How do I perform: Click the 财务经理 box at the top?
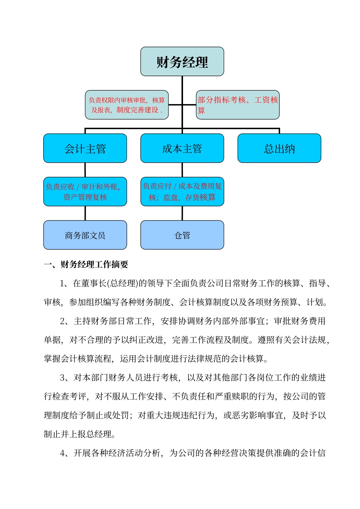[x=182, y=61]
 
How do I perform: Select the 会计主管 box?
[x=85, y=148]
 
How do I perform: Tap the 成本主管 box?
[x=182, y=148]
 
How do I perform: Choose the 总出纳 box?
[x=279, y=148]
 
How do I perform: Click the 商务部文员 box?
[x=85, y=235]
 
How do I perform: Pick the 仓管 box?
[x=182, y=235]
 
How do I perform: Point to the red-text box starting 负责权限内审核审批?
[x=127, y=105]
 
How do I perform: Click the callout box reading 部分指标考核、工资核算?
[x=238, y=105]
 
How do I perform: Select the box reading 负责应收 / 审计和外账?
[x=85, y=192]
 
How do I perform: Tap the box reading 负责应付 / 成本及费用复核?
[x=182, y=192]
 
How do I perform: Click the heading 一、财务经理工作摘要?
[x=86, y=264]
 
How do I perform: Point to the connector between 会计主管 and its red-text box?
[x=85, y=170]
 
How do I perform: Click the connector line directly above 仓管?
[x=182, y=213]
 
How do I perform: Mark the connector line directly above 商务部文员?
[x=85, y=213]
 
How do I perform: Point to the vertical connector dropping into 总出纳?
[x=279, y=131]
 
